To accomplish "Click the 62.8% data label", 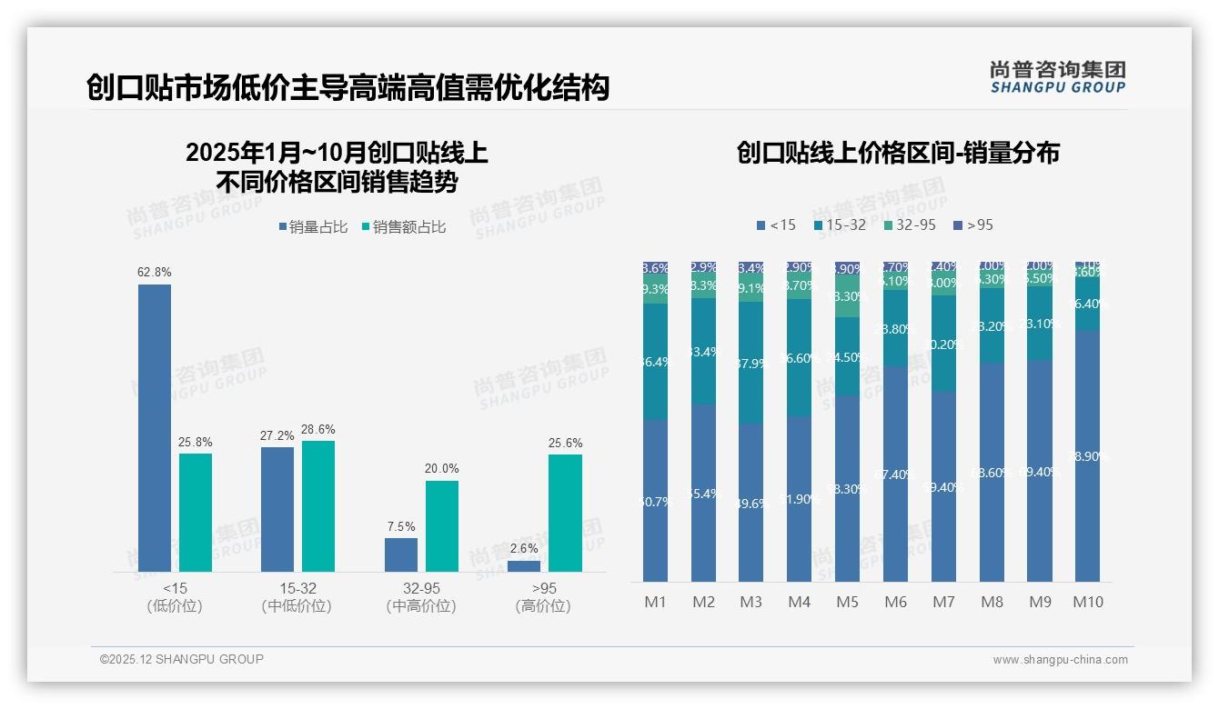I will pos(155,272).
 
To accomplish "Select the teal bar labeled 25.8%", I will pos(196,512).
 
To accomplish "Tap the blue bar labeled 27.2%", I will pos(277,508).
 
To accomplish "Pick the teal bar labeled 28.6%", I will pos(318,505).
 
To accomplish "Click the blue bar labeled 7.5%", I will pos(401,554).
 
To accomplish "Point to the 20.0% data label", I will pos(442,468).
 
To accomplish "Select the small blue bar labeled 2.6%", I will pos(524,565).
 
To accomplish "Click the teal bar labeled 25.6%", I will pos(565,513).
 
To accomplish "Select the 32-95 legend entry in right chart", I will pos(910,225).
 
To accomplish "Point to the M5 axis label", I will pos(847,602).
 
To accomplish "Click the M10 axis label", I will pos(1088,602).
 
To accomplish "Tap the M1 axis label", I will pos(656,602).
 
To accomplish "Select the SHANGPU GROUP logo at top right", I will pos(1058,77).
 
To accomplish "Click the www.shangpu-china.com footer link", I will pos(1060,660).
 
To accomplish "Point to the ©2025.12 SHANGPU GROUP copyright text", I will pos(182,659).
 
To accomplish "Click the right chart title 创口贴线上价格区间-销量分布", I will pos(898,153).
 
